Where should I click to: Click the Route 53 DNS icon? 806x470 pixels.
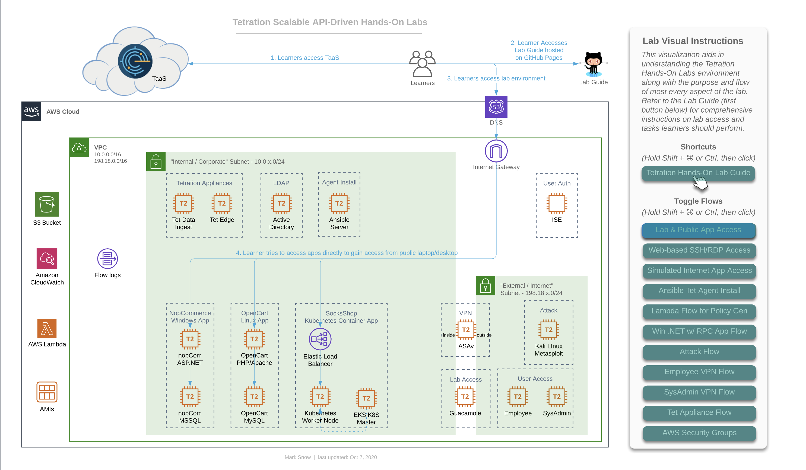click(x=496, y=107)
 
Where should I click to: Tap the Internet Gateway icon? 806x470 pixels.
click(x=496, y=151)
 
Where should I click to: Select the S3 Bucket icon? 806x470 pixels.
click(x=47, y=204)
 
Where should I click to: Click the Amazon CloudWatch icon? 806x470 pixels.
click(x=47, y=259)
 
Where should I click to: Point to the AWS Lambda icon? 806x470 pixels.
click(x=47, y=329)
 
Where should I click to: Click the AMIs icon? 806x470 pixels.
click(x=47, y=392)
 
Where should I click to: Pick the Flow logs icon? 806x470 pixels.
click(x=107, y=259)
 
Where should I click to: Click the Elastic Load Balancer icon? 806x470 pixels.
click(x=320, y=339)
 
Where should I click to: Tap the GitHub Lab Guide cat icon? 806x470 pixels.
click(x=594, y=64)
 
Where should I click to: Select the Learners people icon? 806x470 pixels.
click(x=423, y=64)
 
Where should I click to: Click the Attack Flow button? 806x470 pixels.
click(x=699, y=352)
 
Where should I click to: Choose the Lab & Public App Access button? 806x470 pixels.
click(x=698, y=230)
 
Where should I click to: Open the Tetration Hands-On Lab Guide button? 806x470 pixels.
click(x=698, y=173)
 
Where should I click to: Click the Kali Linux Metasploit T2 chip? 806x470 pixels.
click(x=549, y=330)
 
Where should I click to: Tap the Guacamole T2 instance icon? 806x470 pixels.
click(x=465, y=397)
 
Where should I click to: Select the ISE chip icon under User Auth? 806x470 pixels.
click(x=557, y=203)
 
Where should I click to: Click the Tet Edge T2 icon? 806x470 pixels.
click(x=222, y=203)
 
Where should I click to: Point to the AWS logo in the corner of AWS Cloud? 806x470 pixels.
click(x=31, y=112)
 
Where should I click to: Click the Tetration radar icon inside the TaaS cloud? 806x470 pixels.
click(x=135, y=61)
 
